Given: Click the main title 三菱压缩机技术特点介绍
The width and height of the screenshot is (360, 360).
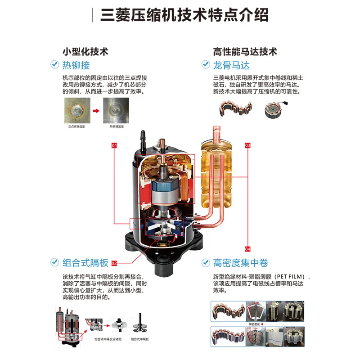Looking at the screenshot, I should pos(184,15).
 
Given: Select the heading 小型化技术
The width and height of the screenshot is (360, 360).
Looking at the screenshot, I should pos(85,51).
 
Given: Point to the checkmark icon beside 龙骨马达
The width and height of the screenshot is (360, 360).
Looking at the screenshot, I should pos(205,65).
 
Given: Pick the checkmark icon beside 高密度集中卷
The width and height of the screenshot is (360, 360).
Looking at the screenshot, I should pos(205,262).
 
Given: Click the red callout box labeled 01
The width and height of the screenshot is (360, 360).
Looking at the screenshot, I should pos(114,146).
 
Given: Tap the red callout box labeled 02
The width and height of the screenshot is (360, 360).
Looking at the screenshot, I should pos(114,263).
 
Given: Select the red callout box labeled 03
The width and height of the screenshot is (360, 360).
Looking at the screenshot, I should pos(247,146).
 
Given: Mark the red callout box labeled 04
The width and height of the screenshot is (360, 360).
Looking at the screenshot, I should pos(247,249).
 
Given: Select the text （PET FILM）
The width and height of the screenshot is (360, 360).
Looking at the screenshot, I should pos(292,276).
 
